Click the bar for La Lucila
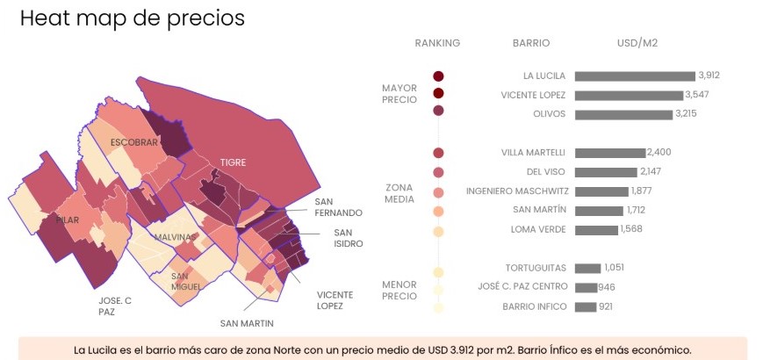635,76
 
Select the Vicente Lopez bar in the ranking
629,96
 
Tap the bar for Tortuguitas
587,268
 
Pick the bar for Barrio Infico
586,307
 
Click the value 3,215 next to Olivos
686,114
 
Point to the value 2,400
659,152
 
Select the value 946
607,287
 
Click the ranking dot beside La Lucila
438,76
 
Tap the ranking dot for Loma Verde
438,232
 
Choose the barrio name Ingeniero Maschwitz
517,191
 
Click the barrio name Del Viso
546,172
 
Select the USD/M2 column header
637,43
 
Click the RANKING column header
437,43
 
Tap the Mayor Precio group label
399,94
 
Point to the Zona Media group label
399,193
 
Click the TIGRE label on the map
233,162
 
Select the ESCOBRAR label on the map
134,142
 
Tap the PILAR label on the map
67,220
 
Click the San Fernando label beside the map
338,206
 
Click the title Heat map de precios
133,18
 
